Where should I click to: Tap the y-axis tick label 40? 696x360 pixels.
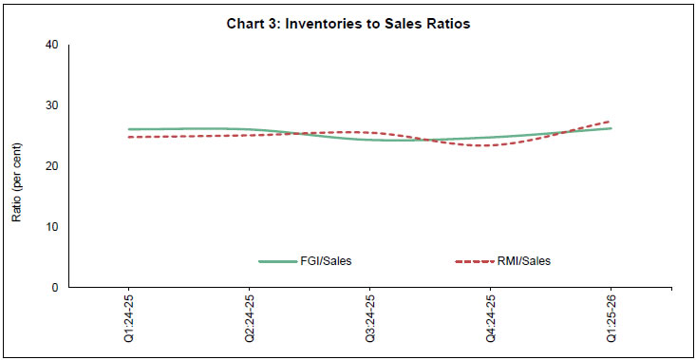tap(52, 45)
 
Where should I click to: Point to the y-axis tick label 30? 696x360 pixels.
tap(52, 105)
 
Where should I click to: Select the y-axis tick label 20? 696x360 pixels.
tap(52, 166)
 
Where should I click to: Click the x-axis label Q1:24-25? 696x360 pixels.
tap(128, 320)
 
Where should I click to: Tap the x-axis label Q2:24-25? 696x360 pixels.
tap(249, 320)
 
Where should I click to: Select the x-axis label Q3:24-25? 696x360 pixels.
tap(369, 320)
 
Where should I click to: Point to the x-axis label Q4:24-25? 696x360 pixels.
tap(490, 320)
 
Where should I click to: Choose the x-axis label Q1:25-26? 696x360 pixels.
tap(611, 320)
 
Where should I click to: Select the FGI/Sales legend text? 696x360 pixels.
tap(327, 260)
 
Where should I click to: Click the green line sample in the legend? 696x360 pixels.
tap(278, 260)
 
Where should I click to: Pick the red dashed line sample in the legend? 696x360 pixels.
tap(476, 260)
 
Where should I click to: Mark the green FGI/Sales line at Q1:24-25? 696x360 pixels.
tap(128, 129)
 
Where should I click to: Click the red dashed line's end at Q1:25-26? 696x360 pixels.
tap(611, 122)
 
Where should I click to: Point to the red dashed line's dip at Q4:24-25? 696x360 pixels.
tap(490, 145)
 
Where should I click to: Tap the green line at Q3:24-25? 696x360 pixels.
tap(369, 140)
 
